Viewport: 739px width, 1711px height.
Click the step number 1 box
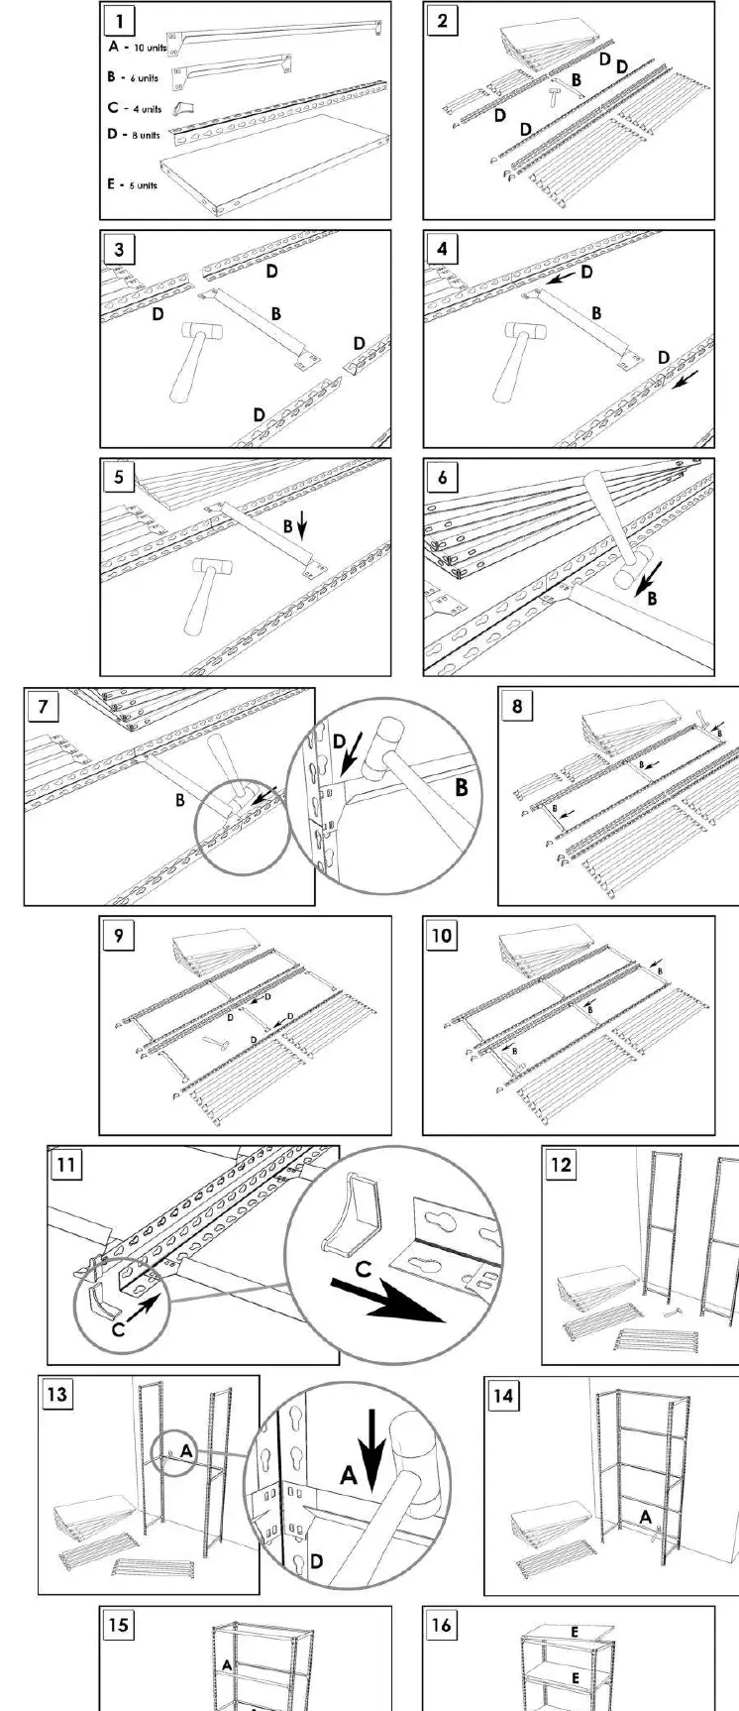pos(119,21)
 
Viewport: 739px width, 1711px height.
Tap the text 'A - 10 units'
pos(137,47)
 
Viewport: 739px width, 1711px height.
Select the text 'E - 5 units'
pos(133,184)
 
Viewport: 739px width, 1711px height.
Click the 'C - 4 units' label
pos(135,109)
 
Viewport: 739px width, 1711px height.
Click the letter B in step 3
pos(275,313)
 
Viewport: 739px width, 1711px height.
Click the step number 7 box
pos(43,708)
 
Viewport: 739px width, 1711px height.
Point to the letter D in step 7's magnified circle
pos(341,741)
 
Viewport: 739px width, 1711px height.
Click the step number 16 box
pos(442,1624)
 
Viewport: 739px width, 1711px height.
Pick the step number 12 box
pos(561,1165)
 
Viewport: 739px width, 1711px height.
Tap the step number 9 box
pos(119,935)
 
